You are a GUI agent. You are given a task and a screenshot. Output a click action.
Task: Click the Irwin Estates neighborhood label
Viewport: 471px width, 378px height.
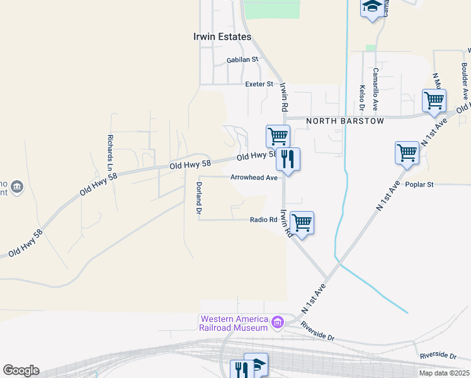pyautogui.click(x=222, y=37)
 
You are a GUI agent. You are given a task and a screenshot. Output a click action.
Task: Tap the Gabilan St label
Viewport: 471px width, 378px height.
pyautogui.click(x=242, y=60)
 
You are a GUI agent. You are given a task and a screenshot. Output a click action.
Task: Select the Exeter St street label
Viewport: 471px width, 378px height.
pyautogui.click(x=259, y=83)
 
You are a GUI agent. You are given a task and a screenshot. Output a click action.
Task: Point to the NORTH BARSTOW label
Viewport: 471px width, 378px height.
pyautogui.click(x=344, y=121)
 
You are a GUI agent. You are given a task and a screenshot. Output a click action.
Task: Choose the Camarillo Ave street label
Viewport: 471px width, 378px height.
pyautogui.click(x=375, y=89)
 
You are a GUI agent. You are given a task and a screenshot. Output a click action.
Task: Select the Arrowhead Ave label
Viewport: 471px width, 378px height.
pyautogui.click(x=254, y=178)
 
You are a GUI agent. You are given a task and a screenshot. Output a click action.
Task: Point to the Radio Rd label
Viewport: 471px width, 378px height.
pyautogui.click(x=264, y=219)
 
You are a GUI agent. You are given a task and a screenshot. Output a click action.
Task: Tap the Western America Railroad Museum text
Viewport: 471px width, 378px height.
pyautogui.click(x=233, y=323)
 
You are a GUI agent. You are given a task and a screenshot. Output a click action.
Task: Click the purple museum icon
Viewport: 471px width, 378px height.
pyautogui.click(x=277, y=324)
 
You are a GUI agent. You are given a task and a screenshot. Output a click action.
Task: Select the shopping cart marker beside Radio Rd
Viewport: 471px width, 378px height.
pyautogui.click(x=302, y=222)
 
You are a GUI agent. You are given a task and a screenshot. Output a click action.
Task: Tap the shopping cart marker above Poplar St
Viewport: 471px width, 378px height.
pyautogui.click(x=407, y=152)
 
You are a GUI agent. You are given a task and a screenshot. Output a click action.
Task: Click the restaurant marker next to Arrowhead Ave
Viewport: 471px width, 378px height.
pyautogui.click(x=288, y=159)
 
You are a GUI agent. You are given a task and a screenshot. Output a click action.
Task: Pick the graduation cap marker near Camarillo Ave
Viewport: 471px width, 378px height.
pyautogui.click(x=372, y=8)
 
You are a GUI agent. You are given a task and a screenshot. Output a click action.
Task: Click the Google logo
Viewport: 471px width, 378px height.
pyautogui.click(x=21, y=370)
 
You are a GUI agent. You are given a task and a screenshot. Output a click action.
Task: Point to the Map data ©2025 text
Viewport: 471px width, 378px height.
pyautogui.click(x=445, y=373)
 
